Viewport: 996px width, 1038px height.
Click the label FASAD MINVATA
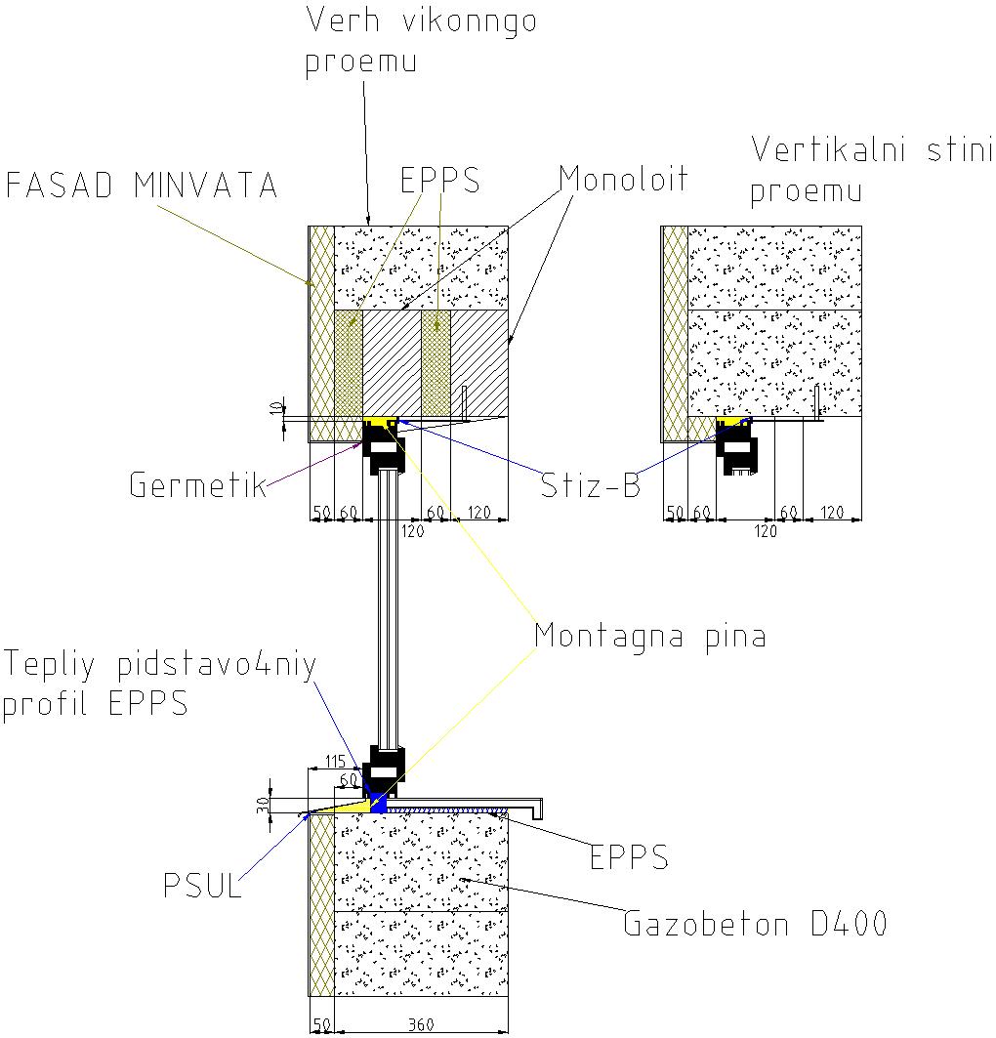click(x=141, y=185)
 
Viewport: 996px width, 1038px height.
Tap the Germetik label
click(x=197, y=484)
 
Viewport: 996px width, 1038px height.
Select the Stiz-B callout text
click(x=591, y=484)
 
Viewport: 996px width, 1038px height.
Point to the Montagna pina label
click(x=650, y=637)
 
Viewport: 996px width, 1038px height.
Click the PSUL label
click(x=202, y=885)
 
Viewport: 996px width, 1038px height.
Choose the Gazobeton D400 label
click(x=755, y=924)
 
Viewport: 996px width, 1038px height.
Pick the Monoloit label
click(x=623, y=178)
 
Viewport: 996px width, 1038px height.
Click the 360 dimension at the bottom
click(x=421, y=1024)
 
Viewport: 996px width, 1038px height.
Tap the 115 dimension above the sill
click(x=336, y=762)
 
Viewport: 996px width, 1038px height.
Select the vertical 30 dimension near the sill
click(x=264, y=805)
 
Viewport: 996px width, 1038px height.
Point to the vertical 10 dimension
click(x=276, y=408)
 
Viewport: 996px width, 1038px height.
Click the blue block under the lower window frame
click(x=378, y=803)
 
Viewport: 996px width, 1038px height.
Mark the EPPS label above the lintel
click(x=440, y=180)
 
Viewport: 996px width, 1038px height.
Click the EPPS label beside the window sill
click(x=629, y=856)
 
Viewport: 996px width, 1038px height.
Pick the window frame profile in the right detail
click(x=736, y=447)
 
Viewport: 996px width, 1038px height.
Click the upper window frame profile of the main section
click(x=384, y=447)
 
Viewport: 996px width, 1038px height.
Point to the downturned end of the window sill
click(x=537, y=809)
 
